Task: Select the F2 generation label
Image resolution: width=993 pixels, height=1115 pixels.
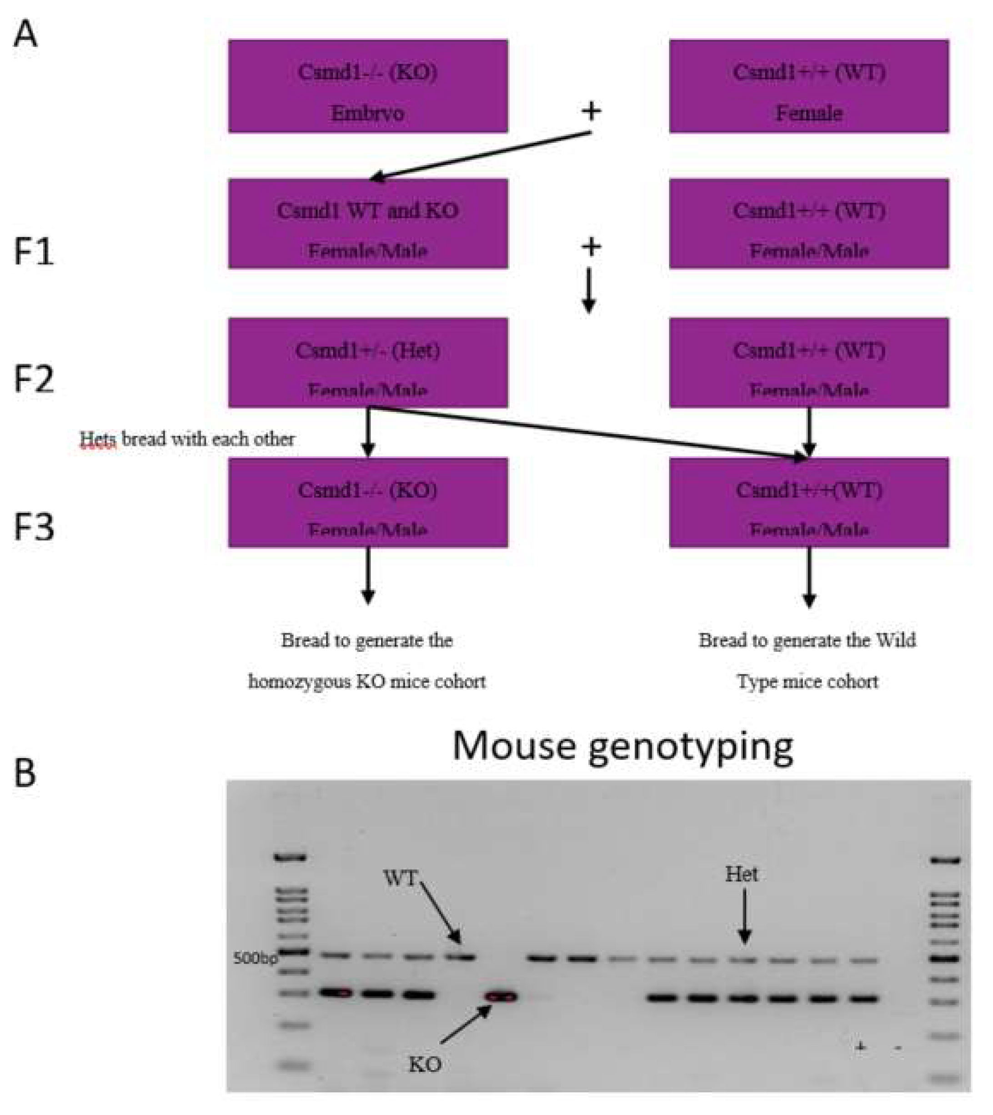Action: coord(33,380)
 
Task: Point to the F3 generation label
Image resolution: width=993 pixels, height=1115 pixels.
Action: coord(33,527)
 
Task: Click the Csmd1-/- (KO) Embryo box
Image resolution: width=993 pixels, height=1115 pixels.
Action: coord(368,86)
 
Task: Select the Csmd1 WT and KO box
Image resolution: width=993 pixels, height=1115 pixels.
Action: coord(368,224)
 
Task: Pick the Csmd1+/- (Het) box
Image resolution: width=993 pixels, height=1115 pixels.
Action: coord(368,363)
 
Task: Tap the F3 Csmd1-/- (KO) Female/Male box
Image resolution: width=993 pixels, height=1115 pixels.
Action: coord(368,502)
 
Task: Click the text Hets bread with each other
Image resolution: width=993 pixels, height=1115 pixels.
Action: coord(187,439)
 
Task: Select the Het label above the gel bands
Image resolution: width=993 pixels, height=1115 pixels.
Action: coord(742,875)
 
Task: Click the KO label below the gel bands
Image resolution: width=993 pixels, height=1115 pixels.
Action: coord(425,1064)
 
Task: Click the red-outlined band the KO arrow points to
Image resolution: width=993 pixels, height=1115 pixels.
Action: coord(502,997)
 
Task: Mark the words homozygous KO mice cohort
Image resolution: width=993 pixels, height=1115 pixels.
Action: coord(366,682)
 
